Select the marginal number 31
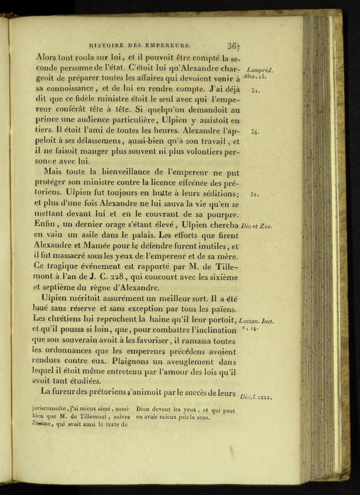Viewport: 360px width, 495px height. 256,91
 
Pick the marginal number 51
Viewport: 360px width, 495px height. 254,194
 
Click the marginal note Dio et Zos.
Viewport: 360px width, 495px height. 257,226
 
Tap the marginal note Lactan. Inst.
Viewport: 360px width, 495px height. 260,320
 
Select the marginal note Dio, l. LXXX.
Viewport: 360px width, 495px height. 256,398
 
